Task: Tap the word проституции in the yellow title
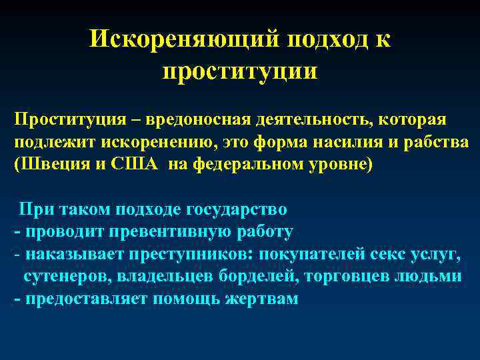coord(240,70)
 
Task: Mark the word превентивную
coord(167,231)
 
